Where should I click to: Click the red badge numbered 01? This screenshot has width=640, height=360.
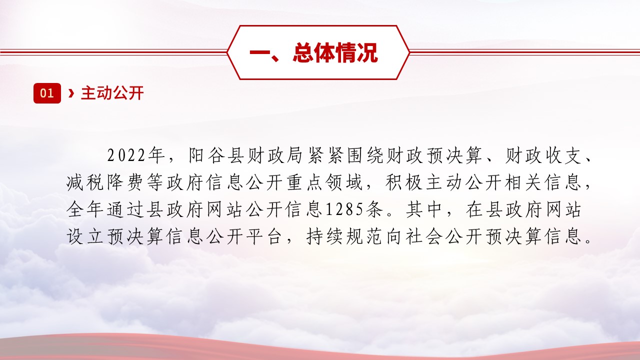(x=47, y=93)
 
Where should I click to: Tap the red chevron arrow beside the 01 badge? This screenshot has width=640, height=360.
(x=71, y=93)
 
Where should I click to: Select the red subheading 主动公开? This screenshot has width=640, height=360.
(x=112, y=93)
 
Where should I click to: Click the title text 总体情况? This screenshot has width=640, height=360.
(x=335, y=52)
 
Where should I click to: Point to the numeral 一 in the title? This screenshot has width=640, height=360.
(x=259, y=52)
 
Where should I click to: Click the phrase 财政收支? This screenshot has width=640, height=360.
(x=543, y=155)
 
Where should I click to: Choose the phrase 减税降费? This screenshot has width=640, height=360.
(x=104, y=183)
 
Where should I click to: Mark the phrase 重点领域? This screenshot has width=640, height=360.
(x=325, y=183)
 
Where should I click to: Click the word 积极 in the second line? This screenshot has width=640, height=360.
(x=404, y=183)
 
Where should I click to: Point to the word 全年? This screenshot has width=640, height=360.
(x=85, y=210)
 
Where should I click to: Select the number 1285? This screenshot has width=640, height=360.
(x=345, y=210)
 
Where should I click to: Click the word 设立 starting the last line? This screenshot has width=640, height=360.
(x=85, y=237)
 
